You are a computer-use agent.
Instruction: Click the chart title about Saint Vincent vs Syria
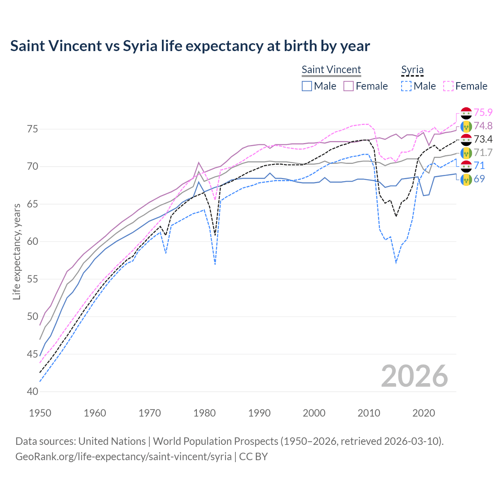(x=190, y=46)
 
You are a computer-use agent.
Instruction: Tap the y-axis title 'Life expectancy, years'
(x=17, y=251)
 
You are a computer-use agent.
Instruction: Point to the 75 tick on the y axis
(x=33, y=129)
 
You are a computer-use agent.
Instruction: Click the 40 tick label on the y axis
(x=33, y=392)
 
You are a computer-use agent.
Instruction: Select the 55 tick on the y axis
(x=33, y=279)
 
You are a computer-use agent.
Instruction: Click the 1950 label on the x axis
(x=40, y=413)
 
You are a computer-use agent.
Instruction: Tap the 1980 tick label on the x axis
(x=205, y=413)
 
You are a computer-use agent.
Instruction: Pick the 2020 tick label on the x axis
(x=424, y=413)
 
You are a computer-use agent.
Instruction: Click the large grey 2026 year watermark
(x=415, y=376)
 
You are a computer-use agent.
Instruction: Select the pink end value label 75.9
(x=483, y=112)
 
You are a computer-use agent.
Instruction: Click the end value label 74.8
(x=483, y=126)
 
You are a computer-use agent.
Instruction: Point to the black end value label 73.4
(x=483, y=139)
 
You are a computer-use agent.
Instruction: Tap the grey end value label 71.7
(x=483, y=152)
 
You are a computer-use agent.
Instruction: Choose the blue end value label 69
(x=479, y=179)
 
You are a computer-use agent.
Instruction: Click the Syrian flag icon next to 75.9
(x=466, y=113)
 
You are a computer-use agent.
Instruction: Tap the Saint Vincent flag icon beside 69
(x=466, y=180)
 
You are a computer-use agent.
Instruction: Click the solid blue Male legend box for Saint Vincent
(x=307, y=86)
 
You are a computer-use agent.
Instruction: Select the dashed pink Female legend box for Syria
(x=448, y=86)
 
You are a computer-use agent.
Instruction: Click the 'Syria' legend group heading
(x=412, y=70)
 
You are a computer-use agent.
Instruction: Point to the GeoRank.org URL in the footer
(x=123, y=457)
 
